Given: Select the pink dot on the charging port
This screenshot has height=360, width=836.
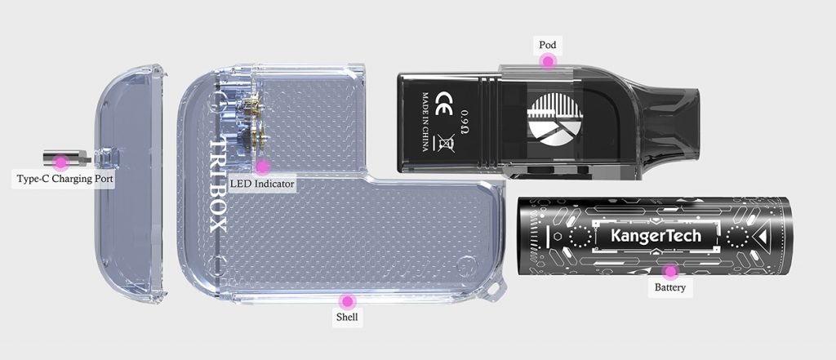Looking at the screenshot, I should tap(60, 162).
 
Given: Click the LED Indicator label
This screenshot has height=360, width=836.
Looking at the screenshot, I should tap(263, 184).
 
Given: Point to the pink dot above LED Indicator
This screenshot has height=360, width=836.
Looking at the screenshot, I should tap(262, 167).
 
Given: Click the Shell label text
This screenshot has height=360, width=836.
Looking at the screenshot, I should tap(347, 316).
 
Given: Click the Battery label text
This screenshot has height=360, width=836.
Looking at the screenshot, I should tap(670, 287).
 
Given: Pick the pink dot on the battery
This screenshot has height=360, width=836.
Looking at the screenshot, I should tap(670, 271).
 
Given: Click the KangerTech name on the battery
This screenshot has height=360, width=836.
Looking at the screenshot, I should tap(656, 237).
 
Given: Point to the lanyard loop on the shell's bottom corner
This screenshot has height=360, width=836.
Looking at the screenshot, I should tap(494, 291).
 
